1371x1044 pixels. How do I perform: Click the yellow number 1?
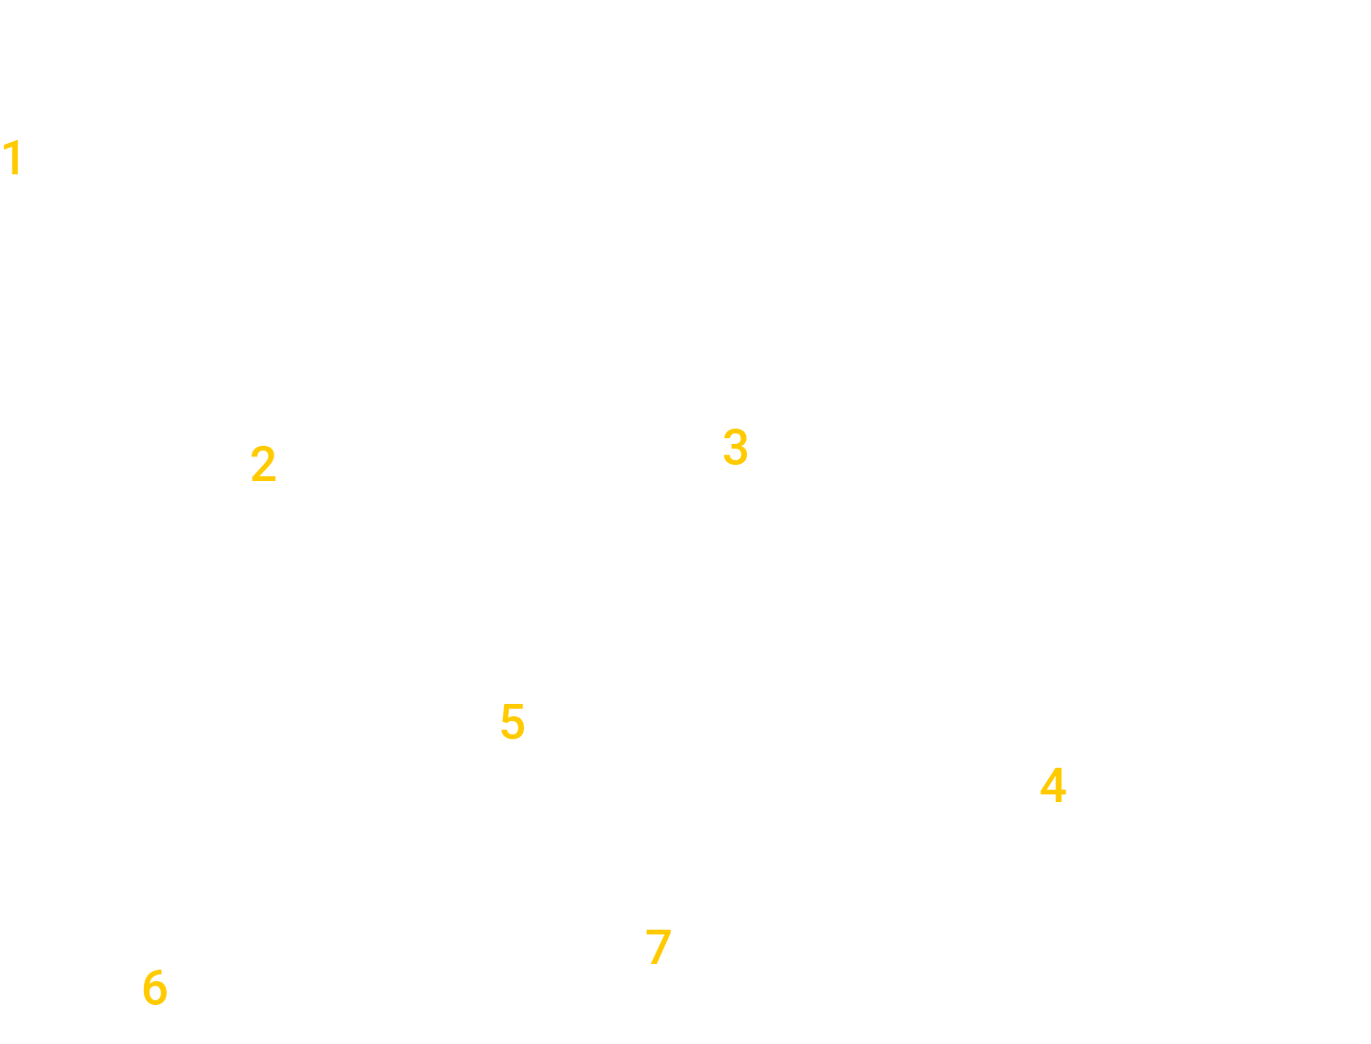13,158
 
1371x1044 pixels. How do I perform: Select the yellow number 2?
263,465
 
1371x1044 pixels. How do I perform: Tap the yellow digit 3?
735,447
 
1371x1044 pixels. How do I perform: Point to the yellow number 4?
1052,786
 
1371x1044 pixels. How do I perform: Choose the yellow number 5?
513,722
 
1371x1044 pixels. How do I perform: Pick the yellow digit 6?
154,988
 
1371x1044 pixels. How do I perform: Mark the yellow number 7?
657,947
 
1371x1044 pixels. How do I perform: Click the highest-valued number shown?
657,947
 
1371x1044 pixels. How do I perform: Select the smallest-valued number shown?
13,158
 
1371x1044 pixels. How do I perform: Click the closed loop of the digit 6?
154,995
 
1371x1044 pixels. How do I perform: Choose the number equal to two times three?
154,988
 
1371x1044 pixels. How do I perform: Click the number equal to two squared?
1052,786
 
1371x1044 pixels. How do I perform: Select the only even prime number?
263,465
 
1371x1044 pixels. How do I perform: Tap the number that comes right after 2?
735,447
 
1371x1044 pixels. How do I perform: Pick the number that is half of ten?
513,722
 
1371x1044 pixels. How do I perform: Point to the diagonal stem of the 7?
657,953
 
